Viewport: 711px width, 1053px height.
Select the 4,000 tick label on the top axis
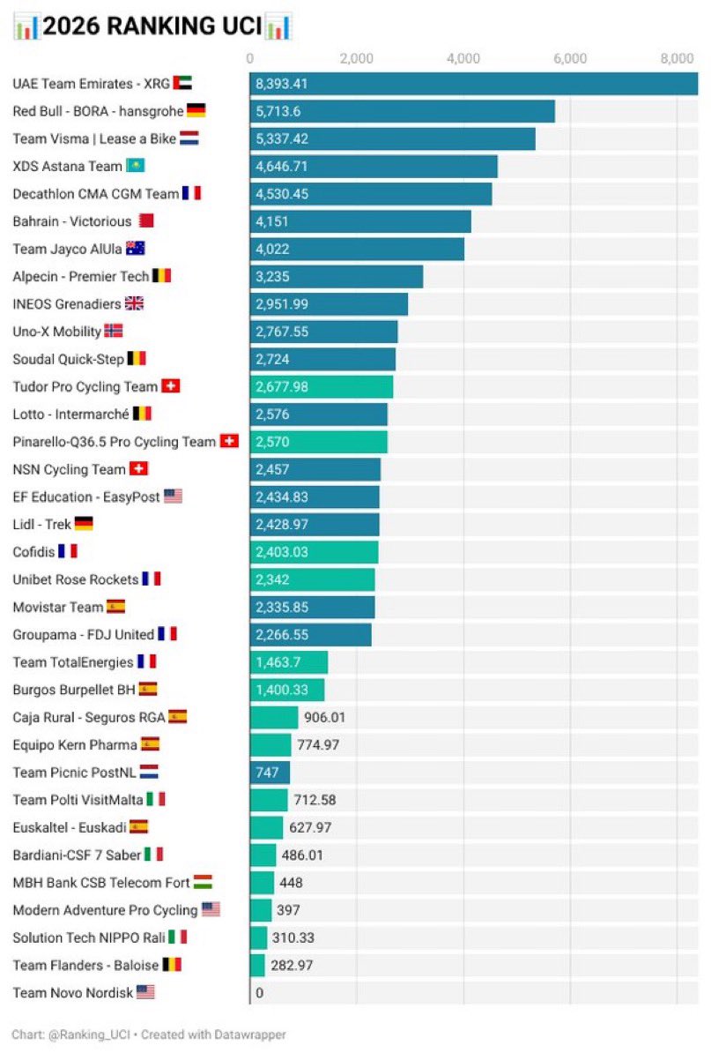(463, 58)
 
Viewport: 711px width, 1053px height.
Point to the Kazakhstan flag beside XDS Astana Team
(136, 166)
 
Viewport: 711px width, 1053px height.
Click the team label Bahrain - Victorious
(71, 221)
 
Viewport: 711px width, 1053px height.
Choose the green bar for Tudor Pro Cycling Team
(321, 386)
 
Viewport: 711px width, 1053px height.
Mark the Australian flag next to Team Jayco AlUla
(136, 249)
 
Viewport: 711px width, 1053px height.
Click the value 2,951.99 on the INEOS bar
(282, 304)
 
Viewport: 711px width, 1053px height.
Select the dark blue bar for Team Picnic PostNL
(270, 773)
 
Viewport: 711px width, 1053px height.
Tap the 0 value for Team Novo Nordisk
(259, 993)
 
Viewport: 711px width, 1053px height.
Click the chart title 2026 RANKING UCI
(152, 26)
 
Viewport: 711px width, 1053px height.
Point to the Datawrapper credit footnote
(149, 1034)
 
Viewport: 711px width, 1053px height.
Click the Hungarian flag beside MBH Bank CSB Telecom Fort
(203, 883)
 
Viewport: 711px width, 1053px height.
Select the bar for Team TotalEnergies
(288, 662)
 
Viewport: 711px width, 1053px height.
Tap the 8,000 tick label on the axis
(677, 58)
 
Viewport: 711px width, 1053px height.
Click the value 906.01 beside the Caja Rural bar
(325, 717)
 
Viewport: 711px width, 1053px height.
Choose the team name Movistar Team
(57, 607)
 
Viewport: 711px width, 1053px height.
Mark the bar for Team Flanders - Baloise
(256, 965)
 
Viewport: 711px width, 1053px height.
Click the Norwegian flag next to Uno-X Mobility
(114, 332)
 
